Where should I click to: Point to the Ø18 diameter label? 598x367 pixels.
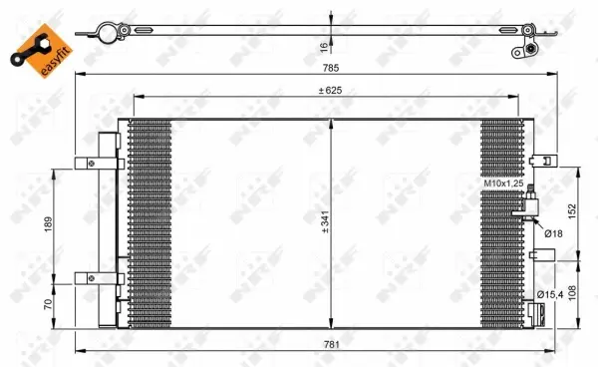tap(551, 233)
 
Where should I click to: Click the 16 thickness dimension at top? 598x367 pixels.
tap(324, 46)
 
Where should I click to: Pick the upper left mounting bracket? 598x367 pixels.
tap(105, 164)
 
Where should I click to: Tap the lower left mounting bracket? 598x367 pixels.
tap(105, 280)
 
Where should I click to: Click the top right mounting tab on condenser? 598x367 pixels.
tap(543, 160)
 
